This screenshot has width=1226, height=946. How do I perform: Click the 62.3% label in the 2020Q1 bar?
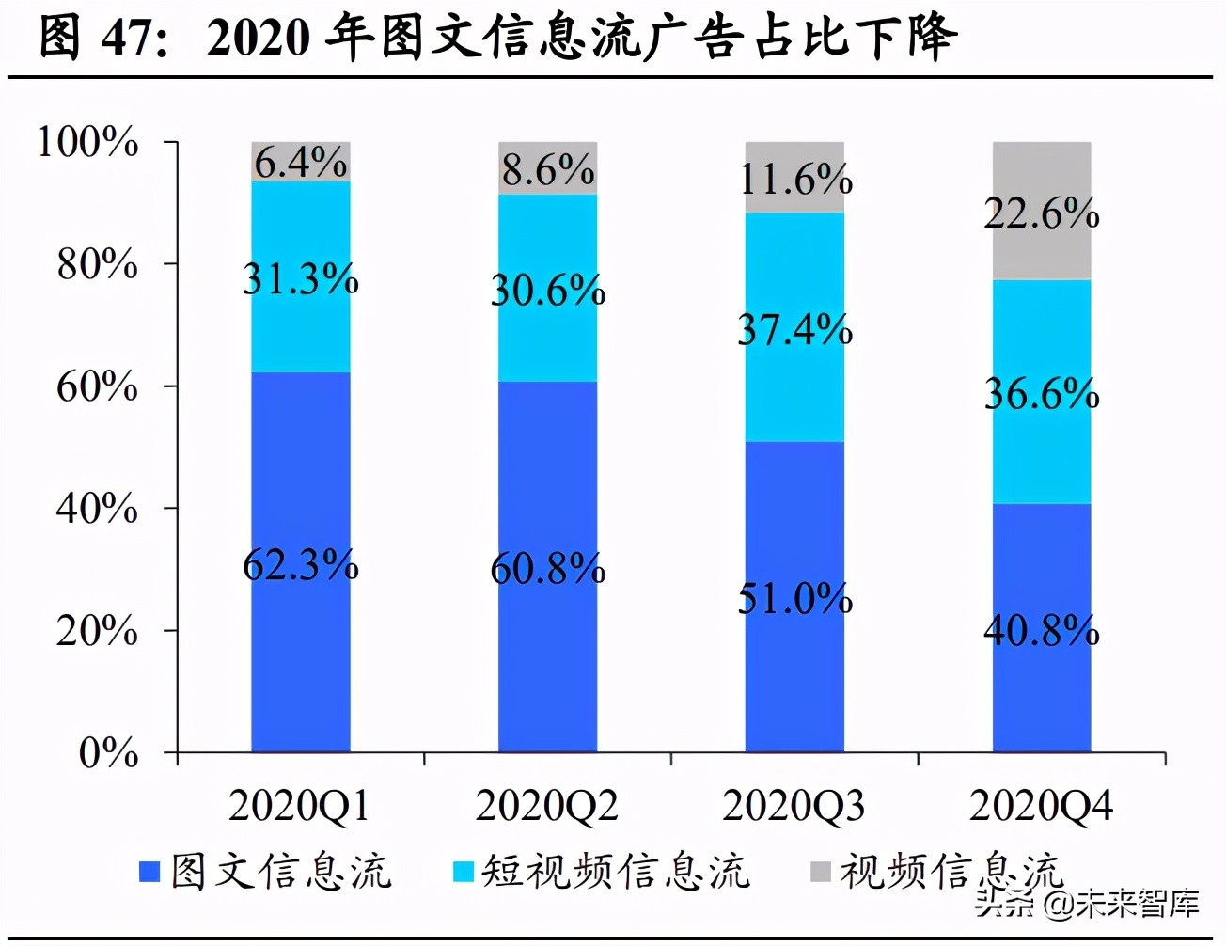(x=300, y=565)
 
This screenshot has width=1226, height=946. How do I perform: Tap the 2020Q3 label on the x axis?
(x=793, y=807)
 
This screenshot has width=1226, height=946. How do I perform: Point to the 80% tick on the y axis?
(x=98, y=264)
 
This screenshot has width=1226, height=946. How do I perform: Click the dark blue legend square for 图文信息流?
(x=149, y=872)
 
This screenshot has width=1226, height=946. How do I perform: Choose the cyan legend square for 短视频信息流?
(x=463, y=872)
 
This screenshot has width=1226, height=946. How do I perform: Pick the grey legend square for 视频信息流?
(x=820, y=872)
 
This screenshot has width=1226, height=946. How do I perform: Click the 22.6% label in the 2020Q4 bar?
(x=1042, y=213)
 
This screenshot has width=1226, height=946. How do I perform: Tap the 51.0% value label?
(x=794, y=598)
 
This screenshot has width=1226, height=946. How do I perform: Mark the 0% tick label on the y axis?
(x=109, y=752)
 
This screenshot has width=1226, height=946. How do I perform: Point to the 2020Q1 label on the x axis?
(x=299, y=807)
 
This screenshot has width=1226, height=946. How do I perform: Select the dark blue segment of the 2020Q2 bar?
(x=547, y=658)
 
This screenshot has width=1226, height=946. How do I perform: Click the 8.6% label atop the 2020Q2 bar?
(x=547, y=170)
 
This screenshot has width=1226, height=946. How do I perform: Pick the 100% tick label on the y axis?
(x=87, y=142)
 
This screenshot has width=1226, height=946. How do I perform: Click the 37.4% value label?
(x=794, y=330)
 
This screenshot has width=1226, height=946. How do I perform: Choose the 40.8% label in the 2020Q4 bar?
(x=1042, y=630)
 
